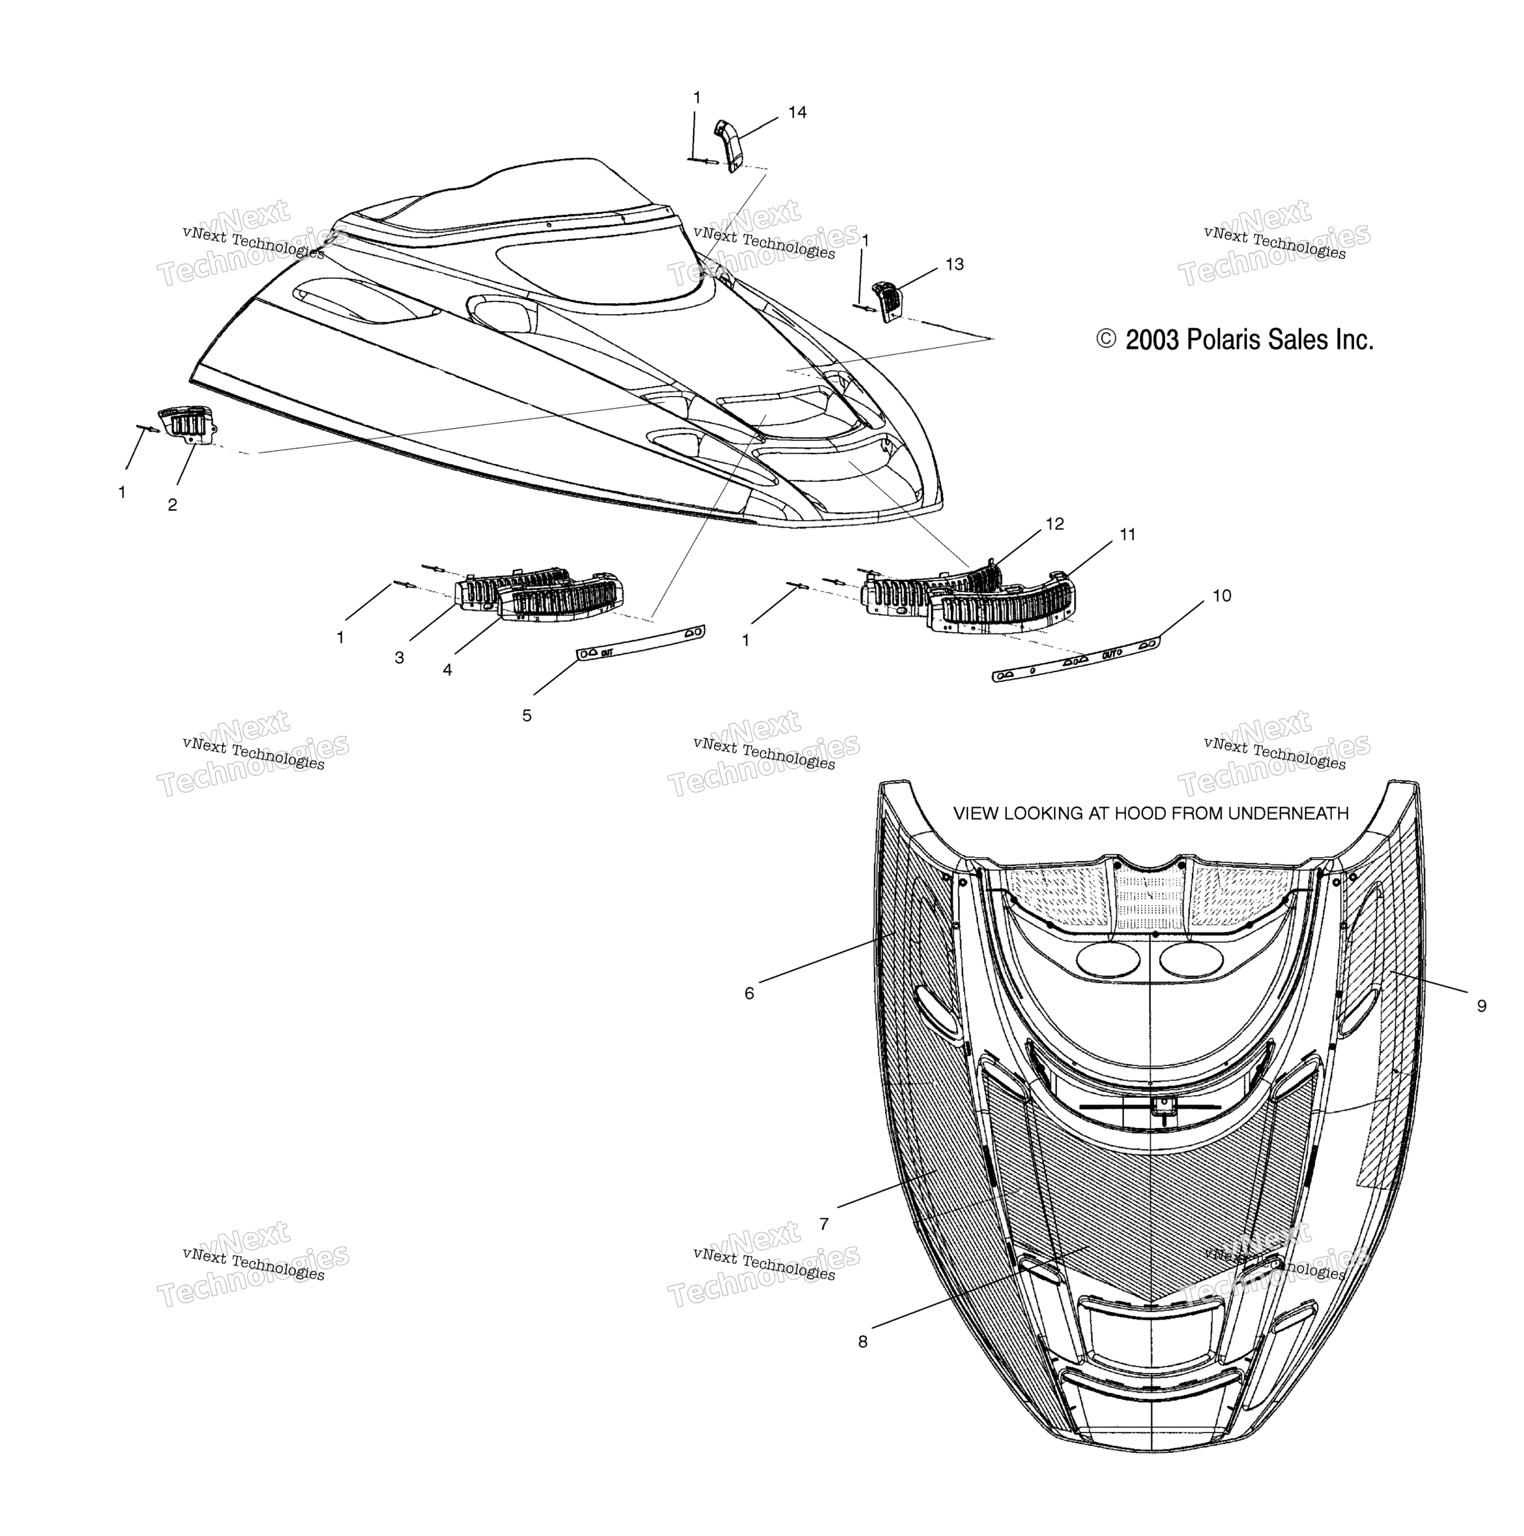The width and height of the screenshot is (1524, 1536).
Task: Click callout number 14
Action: click(x=797, y=113)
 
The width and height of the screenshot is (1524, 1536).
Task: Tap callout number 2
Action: click(x=173, y=505)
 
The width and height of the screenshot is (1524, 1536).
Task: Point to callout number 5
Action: click(x=526, y=715)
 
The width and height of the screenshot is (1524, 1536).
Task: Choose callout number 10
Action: click(x=1222, y=595)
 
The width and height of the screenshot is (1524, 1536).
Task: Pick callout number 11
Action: click(x=1127, y=535)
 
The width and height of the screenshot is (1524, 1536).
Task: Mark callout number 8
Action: click(x=863, y=1341)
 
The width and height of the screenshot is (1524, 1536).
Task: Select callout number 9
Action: click(x=1481, y=1006)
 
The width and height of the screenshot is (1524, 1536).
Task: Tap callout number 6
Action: click(x=749, y=993)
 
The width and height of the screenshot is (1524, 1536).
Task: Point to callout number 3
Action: click(x=399, y=657)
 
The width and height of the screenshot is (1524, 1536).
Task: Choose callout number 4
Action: click(x=447, y=670)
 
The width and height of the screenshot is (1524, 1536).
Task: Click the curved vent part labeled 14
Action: click(x=729, y=143)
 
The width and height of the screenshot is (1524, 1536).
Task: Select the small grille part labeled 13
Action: click(x=889, y=301)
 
